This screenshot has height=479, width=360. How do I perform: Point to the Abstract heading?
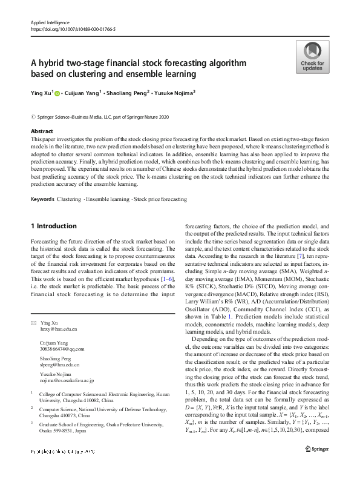(x=42, y=131)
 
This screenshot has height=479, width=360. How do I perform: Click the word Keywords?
(x=42, y=198)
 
